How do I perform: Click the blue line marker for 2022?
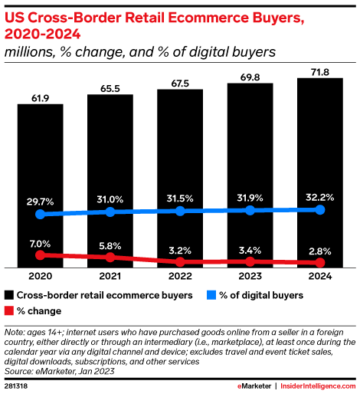pyautogui.click(x=180, y=211)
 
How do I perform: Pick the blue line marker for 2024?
pyautogui.click(x=319, y=209)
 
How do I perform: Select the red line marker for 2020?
pyautogui.click(x=41, y=254)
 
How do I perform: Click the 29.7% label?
pyautogui.click(x=41, y=201)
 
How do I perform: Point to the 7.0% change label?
pyautogui.click(x=41, y=242)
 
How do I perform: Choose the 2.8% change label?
pyautogui.click(x=319, y=250)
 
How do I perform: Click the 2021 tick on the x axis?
pyautogui.click(x=110, y=277)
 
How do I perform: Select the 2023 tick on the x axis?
pyautogui.click(x=250, y=277)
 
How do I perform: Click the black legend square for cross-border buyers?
pyautogui.click(x=9, y=294)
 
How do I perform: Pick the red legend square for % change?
pyautogui.click(x=9, y=310)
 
